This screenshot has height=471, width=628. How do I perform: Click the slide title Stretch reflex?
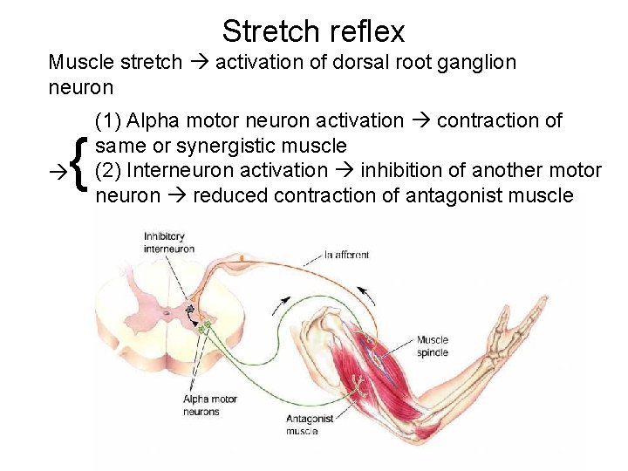click(313, 31)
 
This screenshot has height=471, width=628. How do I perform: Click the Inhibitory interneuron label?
click(169, 242)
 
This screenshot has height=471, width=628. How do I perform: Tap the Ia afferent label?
click(346, 255)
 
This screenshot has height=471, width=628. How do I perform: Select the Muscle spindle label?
click(432, 346)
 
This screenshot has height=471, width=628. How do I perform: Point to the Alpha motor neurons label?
click(209, 406)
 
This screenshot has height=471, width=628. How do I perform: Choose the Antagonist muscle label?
click(309, 425)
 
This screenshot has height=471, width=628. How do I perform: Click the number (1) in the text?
click(109, 120)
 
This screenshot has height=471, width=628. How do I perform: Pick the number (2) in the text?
click(109, 170)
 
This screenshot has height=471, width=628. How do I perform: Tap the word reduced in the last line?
click(230, 195)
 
